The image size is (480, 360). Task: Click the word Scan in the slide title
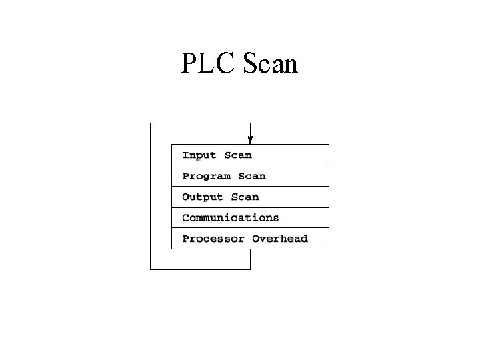[x=271, y=64]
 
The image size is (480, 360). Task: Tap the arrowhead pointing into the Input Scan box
[x=250, y=140]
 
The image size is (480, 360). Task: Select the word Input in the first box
[x=199, y=155]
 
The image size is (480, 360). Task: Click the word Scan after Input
[x=238, y=155]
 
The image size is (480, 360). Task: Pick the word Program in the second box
[x=206, y=176]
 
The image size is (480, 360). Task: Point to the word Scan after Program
[x=252, y=176]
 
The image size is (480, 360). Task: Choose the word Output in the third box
[x=203, y=197]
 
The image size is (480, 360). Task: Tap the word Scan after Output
[x=245, y=197]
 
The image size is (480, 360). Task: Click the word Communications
[x=231, y=217]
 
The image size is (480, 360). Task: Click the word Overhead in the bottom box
[x=280, y=239]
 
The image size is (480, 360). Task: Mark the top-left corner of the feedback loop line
[x=151, y=123]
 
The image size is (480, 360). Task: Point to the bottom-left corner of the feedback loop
[x=151, y=269]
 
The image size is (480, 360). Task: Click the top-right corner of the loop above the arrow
[x=250, y=123]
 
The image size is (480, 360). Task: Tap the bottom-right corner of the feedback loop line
[x=250, y=269]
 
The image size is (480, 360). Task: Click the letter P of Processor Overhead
[x=185, y=239]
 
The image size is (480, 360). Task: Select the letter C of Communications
[x=185, y=217]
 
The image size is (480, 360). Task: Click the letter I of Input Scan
[x=186, y=155]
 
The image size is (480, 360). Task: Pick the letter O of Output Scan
[x=185, y=197]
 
